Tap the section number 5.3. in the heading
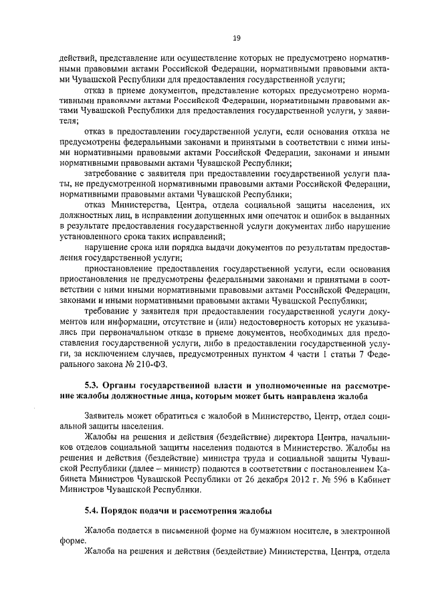coord(93,386)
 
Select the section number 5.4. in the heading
coord(93,512)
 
